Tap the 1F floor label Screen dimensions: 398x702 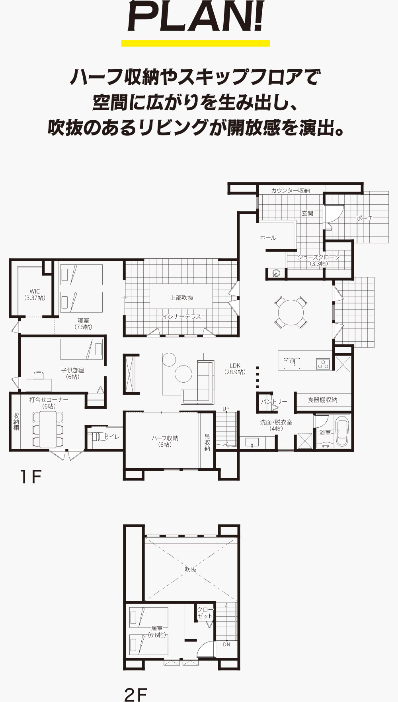tap(31, 477)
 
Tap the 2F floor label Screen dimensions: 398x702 tap(135, 694)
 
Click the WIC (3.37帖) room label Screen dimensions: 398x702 tap(35, 295)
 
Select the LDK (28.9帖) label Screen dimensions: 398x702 tap(235, 369)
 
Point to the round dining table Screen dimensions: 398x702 tap(291, 312)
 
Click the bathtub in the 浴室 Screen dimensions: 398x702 tap(343, 431)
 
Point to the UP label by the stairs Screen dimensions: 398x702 tap(226, 409)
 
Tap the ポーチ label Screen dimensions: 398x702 tap(365, 218)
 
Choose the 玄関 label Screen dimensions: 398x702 tap(307, 213)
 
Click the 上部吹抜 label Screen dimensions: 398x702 tap(182, 298)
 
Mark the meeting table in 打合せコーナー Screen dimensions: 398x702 tap(48, 429)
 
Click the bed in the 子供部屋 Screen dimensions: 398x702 tap(82, 349)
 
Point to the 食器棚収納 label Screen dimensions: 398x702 tap(322, 400)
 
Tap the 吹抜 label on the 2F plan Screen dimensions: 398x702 tap(191, 569)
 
